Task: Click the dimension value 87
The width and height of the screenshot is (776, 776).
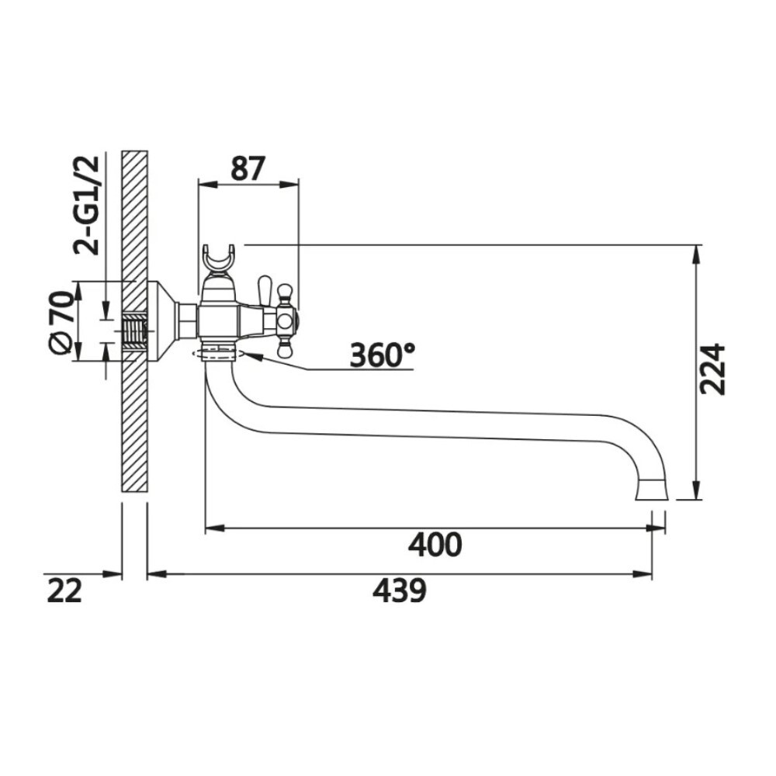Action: (248, 168)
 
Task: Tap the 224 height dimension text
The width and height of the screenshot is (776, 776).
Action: (712, 369)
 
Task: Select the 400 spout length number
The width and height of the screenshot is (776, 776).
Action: (435, 545)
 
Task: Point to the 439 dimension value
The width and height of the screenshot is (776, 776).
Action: (399, 591)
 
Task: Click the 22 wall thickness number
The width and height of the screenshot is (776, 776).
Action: (64, 591)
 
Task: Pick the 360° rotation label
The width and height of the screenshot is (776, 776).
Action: (382, 355)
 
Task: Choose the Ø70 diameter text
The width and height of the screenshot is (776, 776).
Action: (62, 322)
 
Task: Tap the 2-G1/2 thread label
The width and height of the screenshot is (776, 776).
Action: (87, 206)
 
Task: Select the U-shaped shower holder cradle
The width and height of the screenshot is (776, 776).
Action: (218, 260)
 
